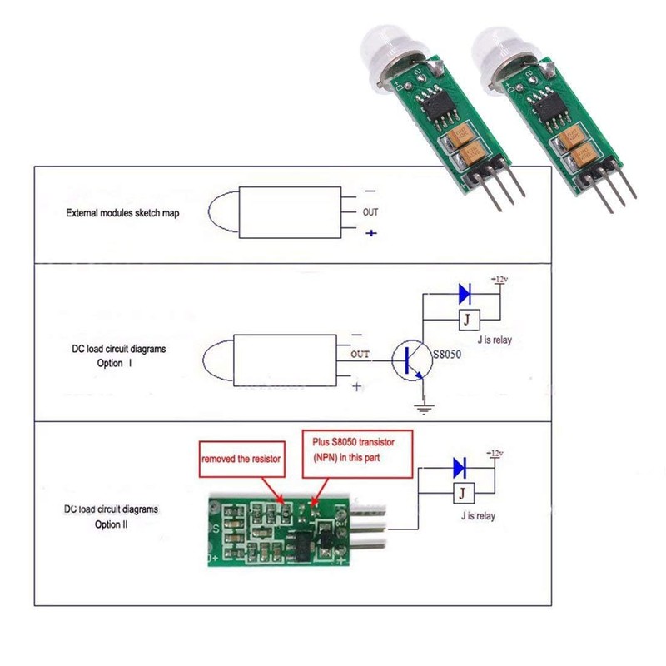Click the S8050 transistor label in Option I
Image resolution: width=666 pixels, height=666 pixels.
[x=446, y=355]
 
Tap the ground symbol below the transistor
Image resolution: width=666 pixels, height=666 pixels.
[x=423, y=406]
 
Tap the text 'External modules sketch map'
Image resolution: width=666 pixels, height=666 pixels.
[x=122, y=213]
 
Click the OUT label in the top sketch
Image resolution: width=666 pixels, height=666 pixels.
[x=370, y=212]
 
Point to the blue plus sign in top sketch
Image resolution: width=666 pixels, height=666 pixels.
[x=371, y=235]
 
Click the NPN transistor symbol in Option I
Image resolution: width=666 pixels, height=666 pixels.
[x=410, y=358]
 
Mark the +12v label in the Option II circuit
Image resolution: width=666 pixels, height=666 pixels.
[x=495, y=454]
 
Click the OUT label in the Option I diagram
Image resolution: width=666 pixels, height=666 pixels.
[x=360, y=355]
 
